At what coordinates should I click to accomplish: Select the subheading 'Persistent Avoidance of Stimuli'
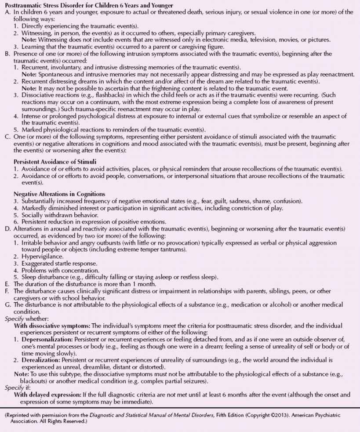point(51,161)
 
